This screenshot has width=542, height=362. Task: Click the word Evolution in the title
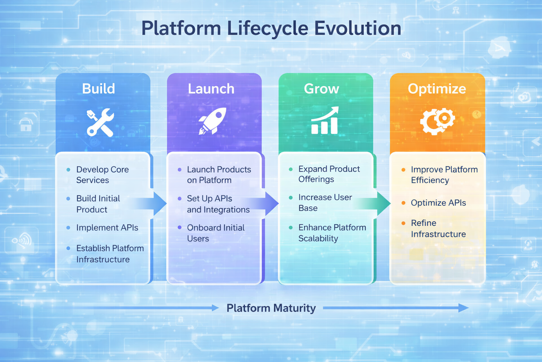coord(357,28)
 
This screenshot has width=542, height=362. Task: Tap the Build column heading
coord(98,89)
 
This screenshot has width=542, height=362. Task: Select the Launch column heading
coord(211,89)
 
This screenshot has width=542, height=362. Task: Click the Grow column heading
coord(321,89)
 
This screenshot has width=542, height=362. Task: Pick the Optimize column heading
coord(437,89)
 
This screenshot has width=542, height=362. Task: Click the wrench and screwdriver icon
coord(100,122)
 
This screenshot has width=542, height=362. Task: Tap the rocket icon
coord(212,121)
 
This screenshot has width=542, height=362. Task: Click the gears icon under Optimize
coord(437,121)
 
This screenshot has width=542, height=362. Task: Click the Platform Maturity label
coord(271,308)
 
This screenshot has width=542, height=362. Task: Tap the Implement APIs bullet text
coord(107,228)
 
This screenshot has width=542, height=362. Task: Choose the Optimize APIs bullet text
coord(438,203)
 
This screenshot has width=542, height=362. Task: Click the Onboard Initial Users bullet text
coord(216,233)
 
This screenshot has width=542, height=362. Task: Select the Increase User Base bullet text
coord(325,203)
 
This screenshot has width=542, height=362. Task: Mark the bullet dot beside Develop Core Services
coord(68,170)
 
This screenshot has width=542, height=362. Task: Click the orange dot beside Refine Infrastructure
coord(403,223)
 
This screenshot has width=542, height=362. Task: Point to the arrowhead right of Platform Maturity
coord(464,308)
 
